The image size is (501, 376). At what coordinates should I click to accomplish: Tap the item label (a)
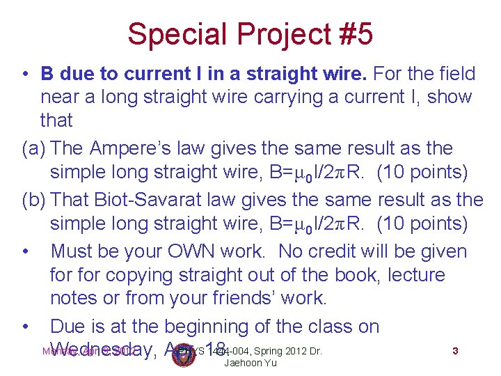(33, 148)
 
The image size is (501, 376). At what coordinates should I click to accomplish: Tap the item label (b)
(33, 201)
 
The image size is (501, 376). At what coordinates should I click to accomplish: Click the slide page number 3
(455, 352)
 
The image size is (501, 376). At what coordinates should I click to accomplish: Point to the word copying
(127, 275)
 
